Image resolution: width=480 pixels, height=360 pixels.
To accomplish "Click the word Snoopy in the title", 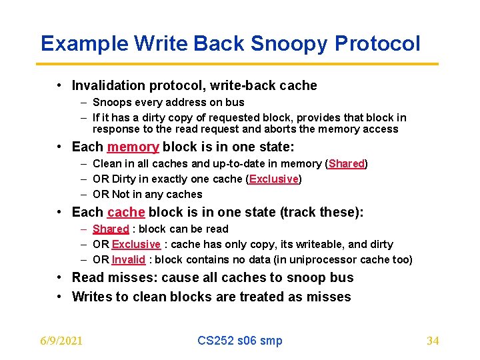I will click(290, 44).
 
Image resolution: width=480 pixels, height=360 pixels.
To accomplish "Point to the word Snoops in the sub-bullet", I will click(111, 103).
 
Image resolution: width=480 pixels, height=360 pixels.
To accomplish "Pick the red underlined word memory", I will click(133, 147).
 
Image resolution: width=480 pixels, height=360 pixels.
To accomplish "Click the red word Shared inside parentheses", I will click(346, 164).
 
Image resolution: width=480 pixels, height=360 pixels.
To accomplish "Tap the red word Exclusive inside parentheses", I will click(273, 179).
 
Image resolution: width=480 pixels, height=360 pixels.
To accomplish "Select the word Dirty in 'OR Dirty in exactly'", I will click(124, 179).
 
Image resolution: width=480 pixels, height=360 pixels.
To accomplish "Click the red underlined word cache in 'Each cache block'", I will click(125, 212).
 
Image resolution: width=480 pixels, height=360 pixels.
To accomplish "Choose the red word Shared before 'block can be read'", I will click(111, 229).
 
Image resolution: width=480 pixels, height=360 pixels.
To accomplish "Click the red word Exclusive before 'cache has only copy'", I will click(136, 245).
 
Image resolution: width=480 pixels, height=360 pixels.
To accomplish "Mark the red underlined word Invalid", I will click(128, 260).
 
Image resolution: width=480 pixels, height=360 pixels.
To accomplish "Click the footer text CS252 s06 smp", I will click(239, 341).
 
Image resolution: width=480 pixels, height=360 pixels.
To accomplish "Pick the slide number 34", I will click(432, 341).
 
